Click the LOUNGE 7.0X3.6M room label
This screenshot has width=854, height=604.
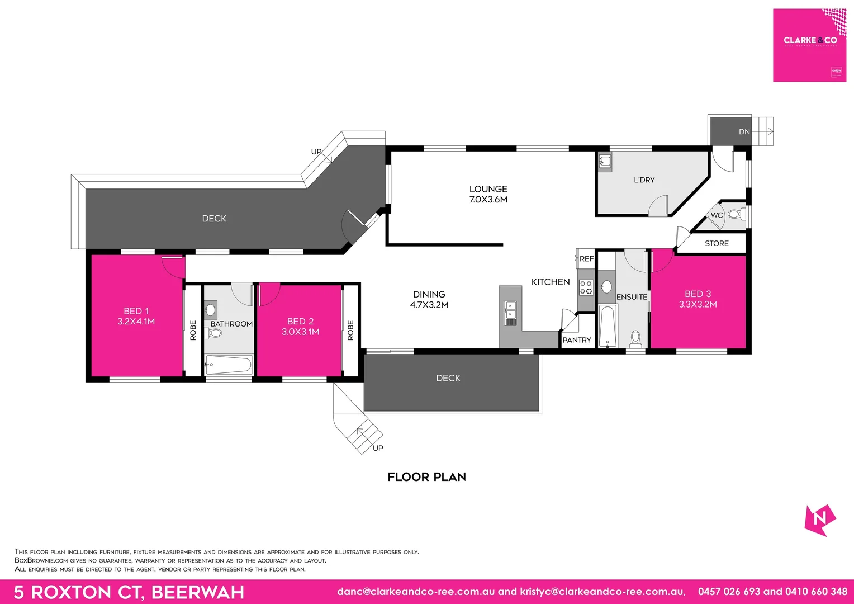pos(488,194)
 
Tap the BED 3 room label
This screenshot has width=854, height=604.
pos(698,299)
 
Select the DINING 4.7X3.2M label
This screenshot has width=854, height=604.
pos(429,299)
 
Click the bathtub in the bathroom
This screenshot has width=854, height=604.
pos(229,366)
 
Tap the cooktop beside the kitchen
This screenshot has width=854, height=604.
pos(585,287)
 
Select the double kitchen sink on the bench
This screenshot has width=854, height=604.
pos(510,313)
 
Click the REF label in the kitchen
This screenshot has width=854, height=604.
pos(586,259)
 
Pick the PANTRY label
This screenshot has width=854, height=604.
pos(576,340)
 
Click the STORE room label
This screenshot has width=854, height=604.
pos(717,243)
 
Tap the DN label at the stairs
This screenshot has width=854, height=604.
pos(744,132)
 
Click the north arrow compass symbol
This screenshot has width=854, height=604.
pos(819,520)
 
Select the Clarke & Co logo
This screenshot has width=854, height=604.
pos(809,45)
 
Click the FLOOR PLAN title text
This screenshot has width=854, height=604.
pos(426,477)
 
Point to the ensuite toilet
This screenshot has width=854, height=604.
pos(635,338)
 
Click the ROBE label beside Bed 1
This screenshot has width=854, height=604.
pos(193,330)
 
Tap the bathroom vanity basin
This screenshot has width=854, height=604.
pos(211,309)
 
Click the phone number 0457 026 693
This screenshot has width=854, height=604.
pos(729,592)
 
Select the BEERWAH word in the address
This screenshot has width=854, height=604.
pos(198,592)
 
